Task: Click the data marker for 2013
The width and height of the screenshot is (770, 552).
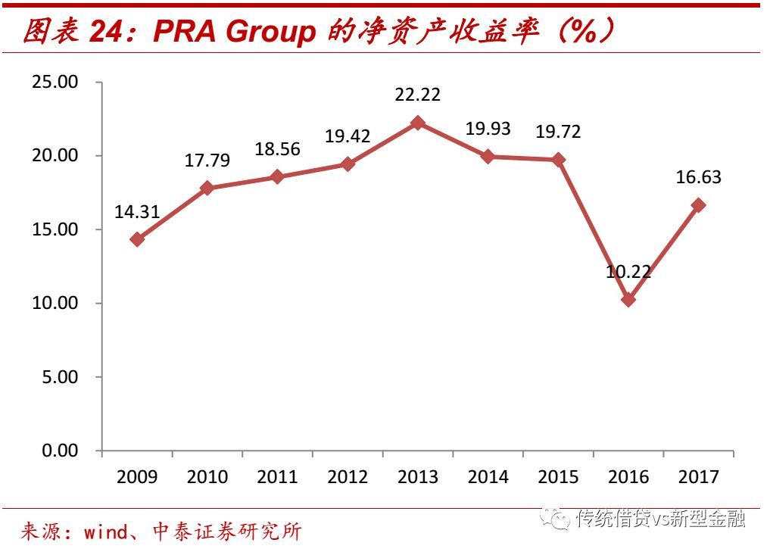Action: click(418, 123)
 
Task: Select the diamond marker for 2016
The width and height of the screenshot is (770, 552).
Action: click(628, 299)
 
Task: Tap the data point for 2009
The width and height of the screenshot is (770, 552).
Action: click(137, 239)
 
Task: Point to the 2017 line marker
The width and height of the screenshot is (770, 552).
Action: click(698, 205)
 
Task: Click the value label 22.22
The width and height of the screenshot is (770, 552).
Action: click(418, 95)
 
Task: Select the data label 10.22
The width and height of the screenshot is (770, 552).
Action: click(628, 271)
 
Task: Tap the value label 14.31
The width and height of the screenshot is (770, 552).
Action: click(137, 212)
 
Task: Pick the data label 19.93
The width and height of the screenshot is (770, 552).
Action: click(488, 129)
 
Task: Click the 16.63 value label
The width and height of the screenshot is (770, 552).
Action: click(698, 178)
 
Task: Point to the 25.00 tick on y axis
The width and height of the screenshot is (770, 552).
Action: click(55, 82)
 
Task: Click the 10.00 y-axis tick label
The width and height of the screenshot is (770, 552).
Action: click(55, 303)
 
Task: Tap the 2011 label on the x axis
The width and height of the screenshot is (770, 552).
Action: click(277, 477)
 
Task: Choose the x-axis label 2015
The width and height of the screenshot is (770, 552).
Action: click(558, 477)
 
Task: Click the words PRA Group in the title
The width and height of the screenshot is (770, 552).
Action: click(235, 32)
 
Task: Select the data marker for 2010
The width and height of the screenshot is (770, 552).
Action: click(207, 188)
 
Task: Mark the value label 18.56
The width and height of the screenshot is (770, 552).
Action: click(277, 149)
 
